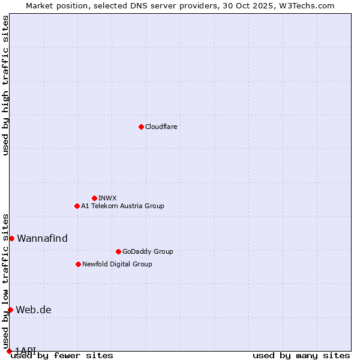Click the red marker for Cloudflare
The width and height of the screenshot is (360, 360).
click(141, 127)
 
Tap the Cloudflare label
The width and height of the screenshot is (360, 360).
click(161, 127)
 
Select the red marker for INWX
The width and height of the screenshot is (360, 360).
click(94, 198)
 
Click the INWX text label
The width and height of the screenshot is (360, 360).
click(107, 198)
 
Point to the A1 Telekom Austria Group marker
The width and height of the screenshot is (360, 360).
click(77, 206)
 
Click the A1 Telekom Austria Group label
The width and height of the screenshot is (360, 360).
click(122, 206)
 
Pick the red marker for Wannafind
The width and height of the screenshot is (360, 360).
click(11, 238)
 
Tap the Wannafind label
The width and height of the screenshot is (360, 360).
click(42, 238)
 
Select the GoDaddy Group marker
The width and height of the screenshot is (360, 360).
click(118, 251)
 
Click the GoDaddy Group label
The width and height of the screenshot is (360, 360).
click(148, 251)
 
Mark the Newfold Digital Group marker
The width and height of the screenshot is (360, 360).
click(78, 264)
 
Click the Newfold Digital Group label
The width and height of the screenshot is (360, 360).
click(117, 264)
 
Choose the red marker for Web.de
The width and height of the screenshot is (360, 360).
click(10, 310)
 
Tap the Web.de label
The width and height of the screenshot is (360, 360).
click(34, 310)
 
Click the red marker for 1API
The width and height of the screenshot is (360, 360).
click(9, 350)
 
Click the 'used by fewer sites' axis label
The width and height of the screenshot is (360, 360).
click(62, 355)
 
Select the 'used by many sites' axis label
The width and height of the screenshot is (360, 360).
click(301, 355)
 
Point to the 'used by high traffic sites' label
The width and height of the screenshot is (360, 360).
click(5, 85)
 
